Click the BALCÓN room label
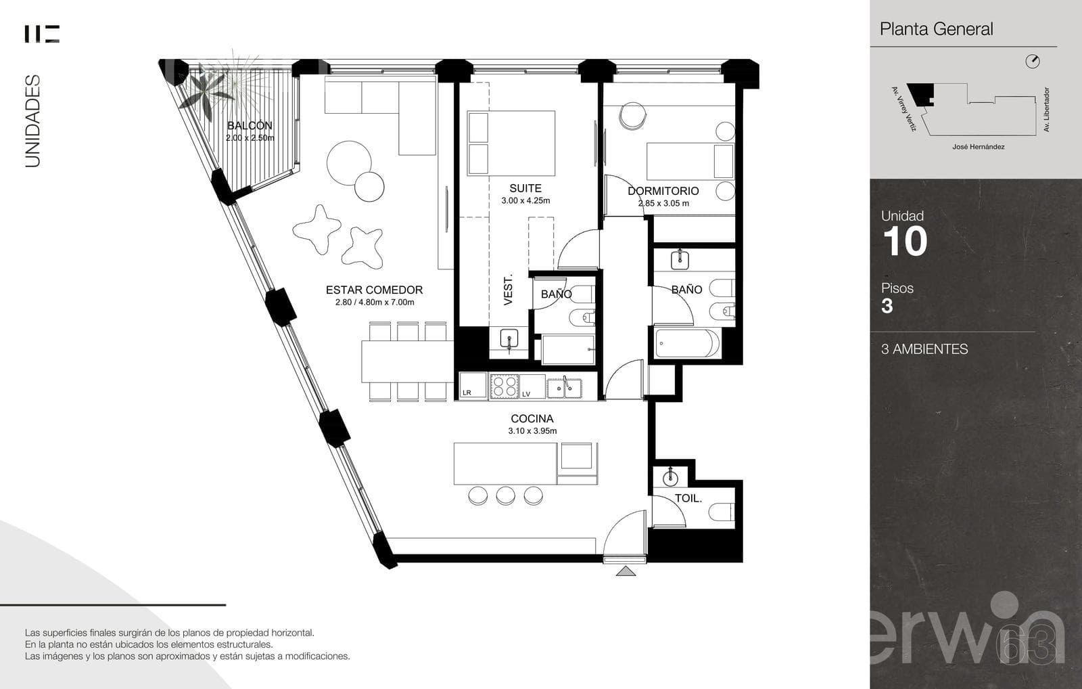pos(250,126)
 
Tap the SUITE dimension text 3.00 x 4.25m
pos(525,200)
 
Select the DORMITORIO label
pos(663,191)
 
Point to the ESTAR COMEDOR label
pos(375,290)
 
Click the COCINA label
pos(532,419)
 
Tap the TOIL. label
pos(688,498)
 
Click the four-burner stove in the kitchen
pos(504,386)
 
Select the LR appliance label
pos(467,393)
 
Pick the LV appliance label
pos(526,394)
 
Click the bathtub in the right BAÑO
pos(687,343)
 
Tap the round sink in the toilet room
pos(670,479)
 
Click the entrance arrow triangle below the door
pos(626,571)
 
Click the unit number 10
pos(905,242)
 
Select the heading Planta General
pos(936,29)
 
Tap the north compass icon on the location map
pos(1032,62)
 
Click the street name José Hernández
pos(978,146)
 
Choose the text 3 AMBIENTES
pos(924,349)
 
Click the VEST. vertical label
pos(508,290)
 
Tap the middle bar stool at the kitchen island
pos(505,495)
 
